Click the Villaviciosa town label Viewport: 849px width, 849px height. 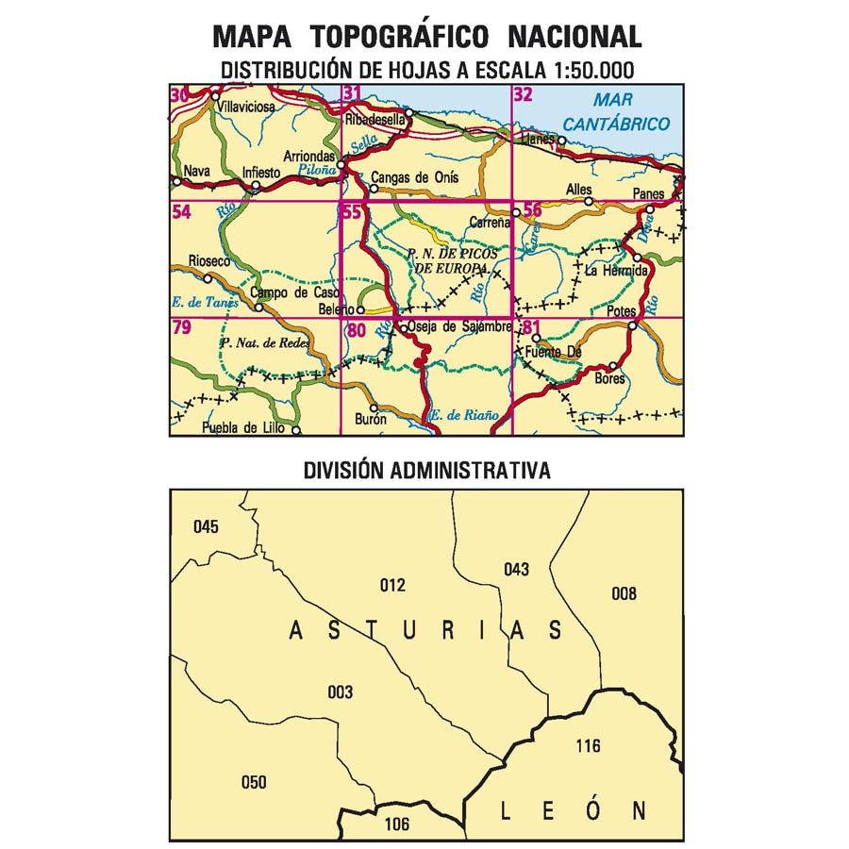(x=246, y=108)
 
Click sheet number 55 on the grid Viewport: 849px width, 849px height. (x=352, y=213)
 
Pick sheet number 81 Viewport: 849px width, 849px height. (x=531, y=328)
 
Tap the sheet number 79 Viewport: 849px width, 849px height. (x=182, y=328)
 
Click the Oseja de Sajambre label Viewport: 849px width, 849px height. (x=460, y=326)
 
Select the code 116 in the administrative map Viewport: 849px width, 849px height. (x=587, y=746)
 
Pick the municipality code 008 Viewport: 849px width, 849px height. (x=624, y=593)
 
